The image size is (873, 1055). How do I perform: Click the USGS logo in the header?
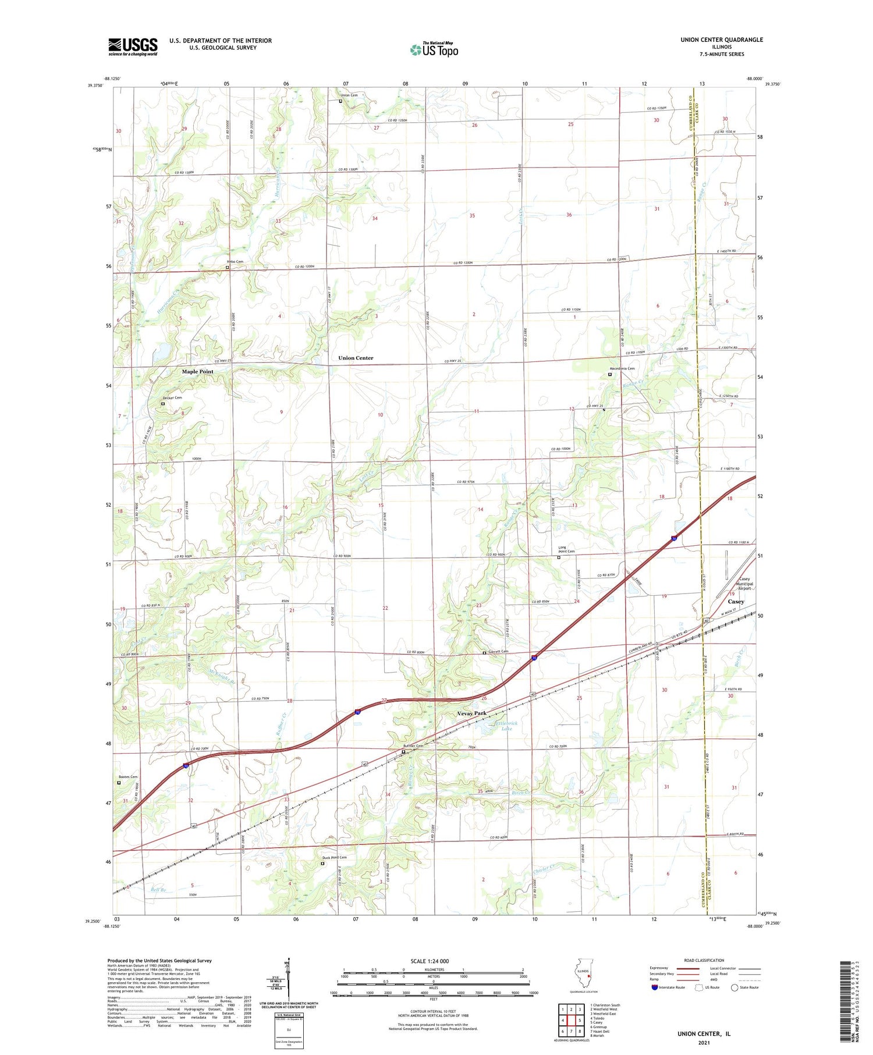133,47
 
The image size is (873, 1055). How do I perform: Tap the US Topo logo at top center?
434,49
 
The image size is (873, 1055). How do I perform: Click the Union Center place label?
356,358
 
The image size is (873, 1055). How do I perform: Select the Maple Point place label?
197,371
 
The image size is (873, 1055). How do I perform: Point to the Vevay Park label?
471,713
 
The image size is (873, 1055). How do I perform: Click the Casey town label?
736,602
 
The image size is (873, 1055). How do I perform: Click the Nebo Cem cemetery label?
235,262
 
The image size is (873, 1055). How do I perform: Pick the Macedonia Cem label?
622,368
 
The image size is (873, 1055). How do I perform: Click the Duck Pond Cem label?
334,857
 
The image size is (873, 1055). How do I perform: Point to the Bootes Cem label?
128,777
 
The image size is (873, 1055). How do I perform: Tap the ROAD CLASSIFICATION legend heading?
704,960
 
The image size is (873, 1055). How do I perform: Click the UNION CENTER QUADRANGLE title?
722,40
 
